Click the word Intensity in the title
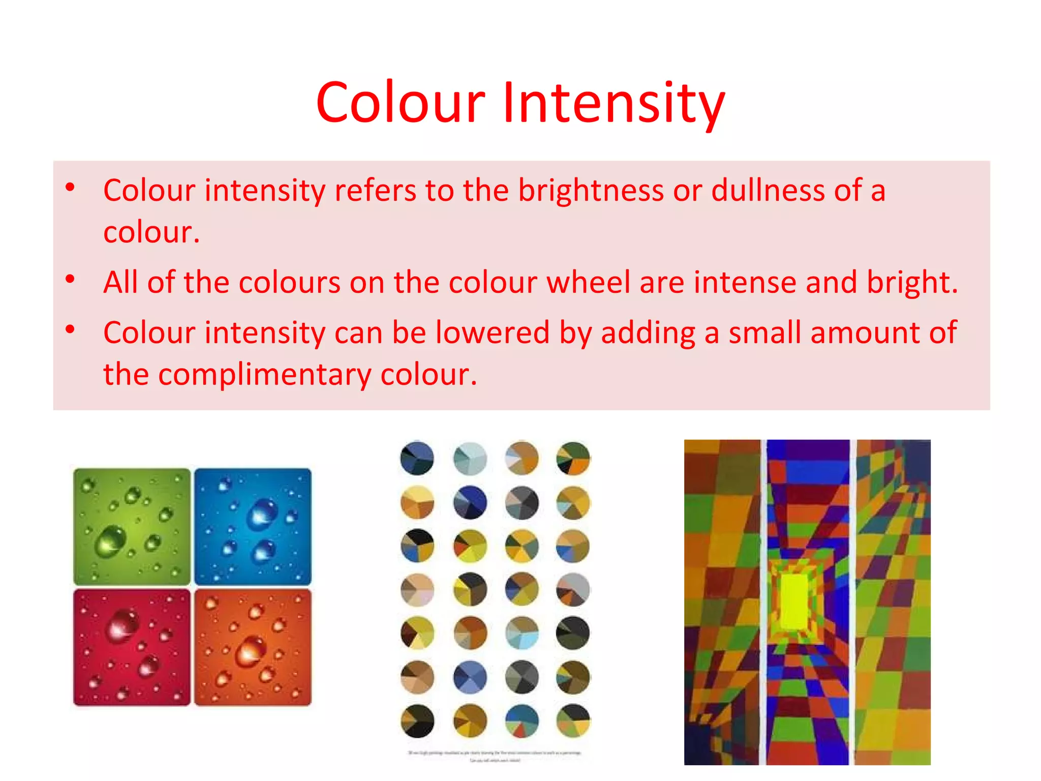pos(614,103)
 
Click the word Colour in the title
pos(401,103)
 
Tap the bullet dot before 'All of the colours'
pos(70,279)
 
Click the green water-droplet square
pos(132,526)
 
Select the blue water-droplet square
pos(253,526)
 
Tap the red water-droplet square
pos(132,647)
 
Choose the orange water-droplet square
pos(253,647)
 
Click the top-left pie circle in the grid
pos(417,458)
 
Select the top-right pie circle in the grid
pos(573,458)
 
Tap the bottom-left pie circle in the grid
pos(417,721)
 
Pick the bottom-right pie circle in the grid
pos(573,721)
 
